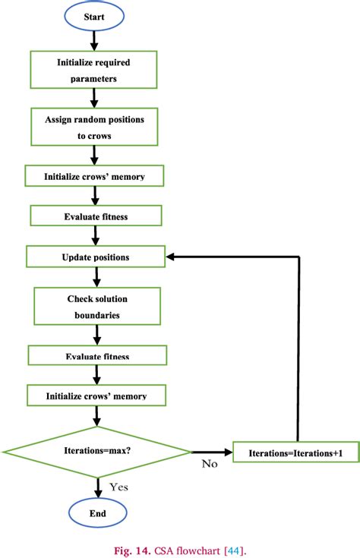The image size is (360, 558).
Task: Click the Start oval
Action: [94, 17]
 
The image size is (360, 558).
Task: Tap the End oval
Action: [97, 512]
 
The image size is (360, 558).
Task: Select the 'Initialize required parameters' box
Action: [93, 70]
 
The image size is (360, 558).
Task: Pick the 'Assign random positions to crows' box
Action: [94, 127]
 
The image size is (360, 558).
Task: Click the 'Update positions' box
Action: [96, 257]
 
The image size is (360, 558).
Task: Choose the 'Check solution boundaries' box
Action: [97, 307]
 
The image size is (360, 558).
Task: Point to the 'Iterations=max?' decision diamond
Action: [97, 452]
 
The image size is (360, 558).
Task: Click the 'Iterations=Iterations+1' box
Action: [296, 452]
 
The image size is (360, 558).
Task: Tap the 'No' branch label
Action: [210, 463]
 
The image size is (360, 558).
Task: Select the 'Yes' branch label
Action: [118, 487]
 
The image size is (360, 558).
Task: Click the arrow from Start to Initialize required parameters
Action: [94, 40]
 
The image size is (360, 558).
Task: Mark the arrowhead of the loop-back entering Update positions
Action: [170, 257]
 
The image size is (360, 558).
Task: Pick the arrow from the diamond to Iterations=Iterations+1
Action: [212, 452]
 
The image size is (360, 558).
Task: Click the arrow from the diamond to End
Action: [97, 488]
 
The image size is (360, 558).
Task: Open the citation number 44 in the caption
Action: [234, 551]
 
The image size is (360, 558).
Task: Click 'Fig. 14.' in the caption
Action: [132, 551]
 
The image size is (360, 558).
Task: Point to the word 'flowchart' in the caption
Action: [198, 551]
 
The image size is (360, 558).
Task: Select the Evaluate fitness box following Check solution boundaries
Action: [97, 355]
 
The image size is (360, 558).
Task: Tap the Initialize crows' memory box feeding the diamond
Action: [96, 396]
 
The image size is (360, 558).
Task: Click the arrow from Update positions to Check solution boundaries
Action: [97, 277]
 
